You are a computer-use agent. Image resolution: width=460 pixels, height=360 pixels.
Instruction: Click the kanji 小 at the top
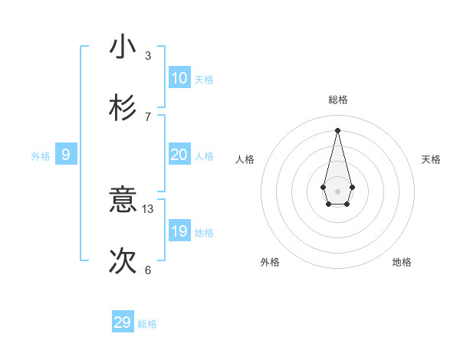[123, 47]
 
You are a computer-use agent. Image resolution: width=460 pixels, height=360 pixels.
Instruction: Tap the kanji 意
[123, 200]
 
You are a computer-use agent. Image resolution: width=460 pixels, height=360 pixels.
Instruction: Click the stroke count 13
[148, 208]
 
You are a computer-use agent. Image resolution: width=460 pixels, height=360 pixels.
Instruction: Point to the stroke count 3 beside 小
[148, 55]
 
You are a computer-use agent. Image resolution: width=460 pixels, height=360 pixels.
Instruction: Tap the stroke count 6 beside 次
[148, 270]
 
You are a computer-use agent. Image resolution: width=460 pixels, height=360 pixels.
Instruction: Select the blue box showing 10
[179, 77]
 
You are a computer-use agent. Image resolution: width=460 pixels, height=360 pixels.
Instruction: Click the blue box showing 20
[179, 155]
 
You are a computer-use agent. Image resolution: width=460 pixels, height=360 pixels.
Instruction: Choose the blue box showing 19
[179, 231]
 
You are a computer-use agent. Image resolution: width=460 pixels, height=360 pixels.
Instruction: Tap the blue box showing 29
[123, 322]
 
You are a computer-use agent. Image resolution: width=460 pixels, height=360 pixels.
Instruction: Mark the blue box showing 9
[66, 155]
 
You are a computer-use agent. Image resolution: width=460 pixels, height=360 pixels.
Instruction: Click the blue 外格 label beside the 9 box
[41, 156]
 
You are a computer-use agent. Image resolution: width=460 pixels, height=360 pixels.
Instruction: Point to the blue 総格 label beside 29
[147, 324]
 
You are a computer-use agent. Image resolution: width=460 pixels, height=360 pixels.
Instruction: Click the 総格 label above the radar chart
[338, 100]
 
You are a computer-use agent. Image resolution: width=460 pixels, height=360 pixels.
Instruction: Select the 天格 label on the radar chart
[432, 159]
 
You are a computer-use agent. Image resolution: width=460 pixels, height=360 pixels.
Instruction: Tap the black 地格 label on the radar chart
[402, 262]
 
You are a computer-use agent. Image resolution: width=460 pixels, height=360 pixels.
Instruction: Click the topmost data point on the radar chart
[338, 130]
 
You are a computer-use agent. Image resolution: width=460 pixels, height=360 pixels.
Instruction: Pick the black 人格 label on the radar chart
[245, 159]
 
